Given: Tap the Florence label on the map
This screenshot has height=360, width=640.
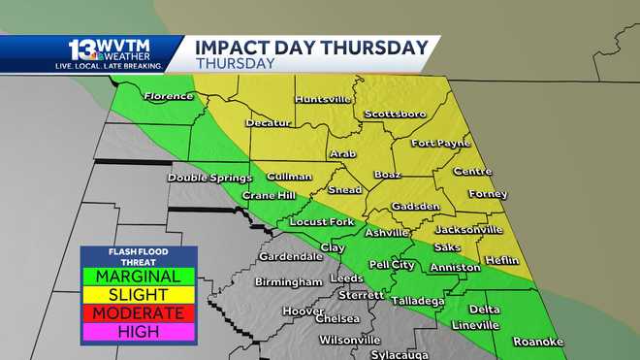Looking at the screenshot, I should pos(171,96).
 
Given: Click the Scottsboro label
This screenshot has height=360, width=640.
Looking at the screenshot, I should pos(395,114).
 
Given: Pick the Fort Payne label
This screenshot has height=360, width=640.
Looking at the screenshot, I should pos(441,144).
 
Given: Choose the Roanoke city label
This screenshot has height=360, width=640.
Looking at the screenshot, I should pos(537,342).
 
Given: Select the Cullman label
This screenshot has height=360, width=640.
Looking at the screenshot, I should pos(289,176).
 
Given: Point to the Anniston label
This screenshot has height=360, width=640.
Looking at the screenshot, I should pos(455,267).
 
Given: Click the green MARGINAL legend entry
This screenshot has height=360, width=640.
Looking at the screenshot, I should pos(139,277).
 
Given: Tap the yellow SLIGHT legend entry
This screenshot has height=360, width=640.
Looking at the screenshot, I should pos(139,294).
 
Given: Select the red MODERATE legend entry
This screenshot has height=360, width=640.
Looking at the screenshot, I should pos(139,312).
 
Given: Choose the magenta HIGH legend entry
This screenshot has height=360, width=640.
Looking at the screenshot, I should pos(139,331).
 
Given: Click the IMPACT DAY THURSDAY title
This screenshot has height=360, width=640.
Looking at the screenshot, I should pos(311,48).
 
